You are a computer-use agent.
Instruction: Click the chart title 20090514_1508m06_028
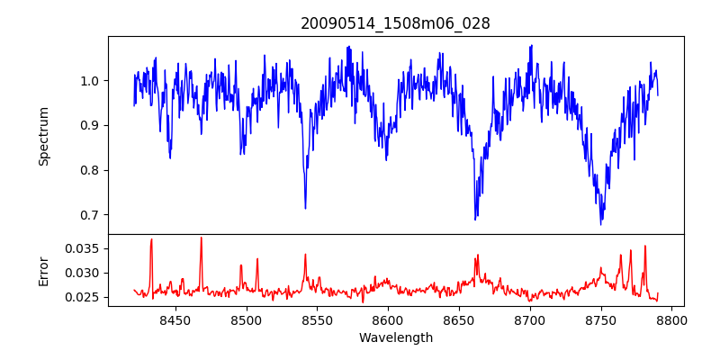[395, 23]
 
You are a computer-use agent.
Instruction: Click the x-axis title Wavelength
[396, 338]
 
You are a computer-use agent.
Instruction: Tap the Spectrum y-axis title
[43, 136]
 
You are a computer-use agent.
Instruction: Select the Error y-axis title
[43, 271]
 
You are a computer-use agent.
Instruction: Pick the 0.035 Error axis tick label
[85, 248]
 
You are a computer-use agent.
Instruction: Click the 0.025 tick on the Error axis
[85, 297]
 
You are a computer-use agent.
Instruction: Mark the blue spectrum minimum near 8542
[305, 208]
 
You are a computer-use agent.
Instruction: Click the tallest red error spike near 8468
[201, 238]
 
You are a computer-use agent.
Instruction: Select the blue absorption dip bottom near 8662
[475, 219]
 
